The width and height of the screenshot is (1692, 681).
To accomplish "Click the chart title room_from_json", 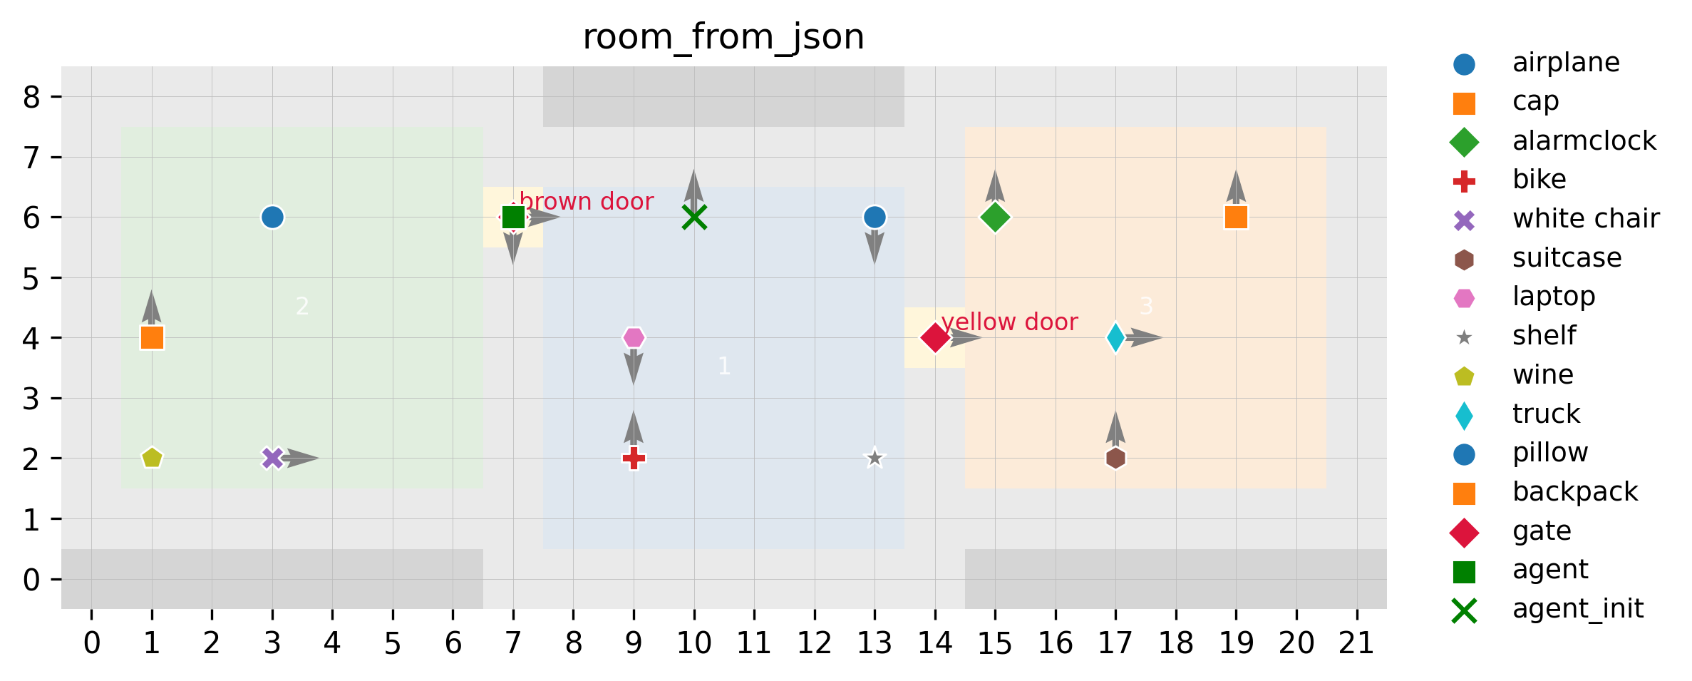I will (x=723, y=37).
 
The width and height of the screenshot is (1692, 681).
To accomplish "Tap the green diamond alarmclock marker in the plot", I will (x=995, y=217).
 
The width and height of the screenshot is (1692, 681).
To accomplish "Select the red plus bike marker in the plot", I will (x=634, y=458).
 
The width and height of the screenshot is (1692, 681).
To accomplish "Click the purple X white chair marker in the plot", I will (x=272, y=458).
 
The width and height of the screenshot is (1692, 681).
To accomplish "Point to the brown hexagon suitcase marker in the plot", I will (x=1115, y=458).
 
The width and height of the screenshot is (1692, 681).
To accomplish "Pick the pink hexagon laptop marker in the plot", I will (x=634, y=337).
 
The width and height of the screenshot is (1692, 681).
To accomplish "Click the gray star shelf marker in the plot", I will (x=875, y=458).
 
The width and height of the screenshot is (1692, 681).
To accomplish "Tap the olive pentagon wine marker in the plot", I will (x=152, y=458).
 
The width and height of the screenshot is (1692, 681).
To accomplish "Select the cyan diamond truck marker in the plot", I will (x=1115, y=337).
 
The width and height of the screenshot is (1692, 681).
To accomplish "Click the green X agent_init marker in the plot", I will (x=694, y=217).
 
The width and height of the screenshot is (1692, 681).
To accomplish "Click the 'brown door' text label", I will (x=586, y=202).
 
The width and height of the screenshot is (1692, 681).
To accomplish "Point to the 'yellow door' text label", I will (x=1009, y=322).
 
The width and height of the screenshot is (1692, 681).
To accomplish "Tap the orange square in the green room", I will (x=152, y=337).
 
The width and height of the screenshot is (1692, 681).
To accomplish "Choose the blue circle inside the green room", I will (x=272, y=217).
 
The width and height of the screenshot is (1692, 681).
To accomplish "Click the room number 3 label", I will (x=1146, y=306).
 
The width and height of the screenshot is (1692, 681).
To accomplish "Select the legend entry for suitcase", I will (x=1567, y=257).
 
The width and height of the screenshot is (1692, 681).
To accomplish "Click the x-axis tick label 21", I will (x=1356, y=644).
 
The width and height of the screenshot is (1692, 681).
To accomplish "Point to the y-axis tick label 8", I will (x=31, y=97).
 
